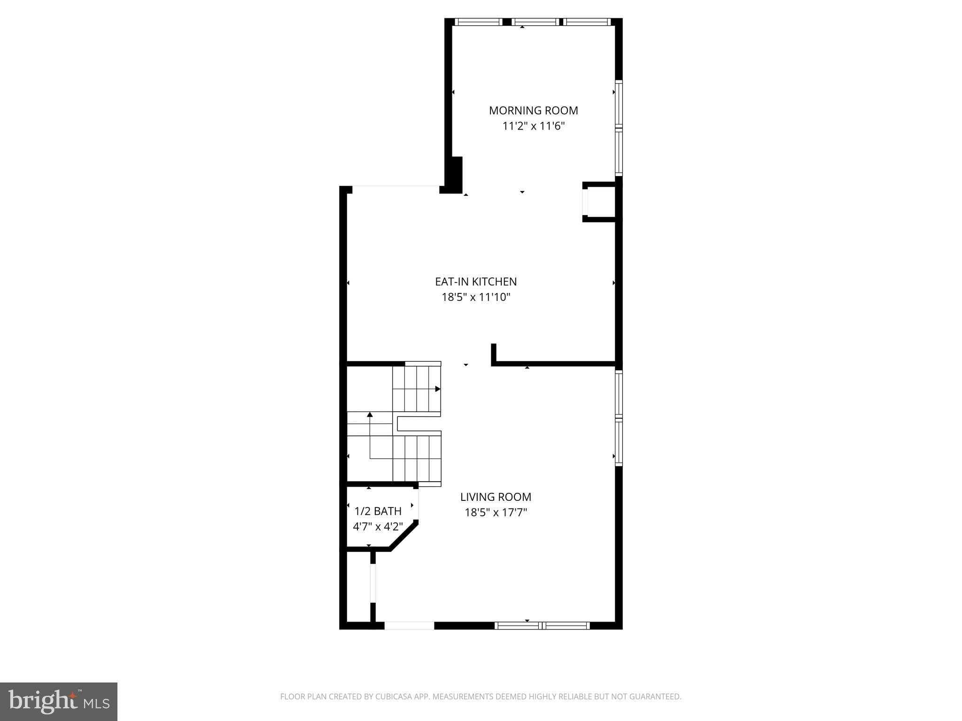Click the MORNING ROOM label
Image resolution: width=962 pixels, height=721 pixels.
click(533, 110)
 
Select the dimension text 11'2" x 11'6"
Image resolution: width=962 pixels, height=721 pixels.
click(533, 126)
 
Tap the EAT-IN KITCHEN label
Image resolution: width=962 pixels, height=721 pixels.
click(475, 282)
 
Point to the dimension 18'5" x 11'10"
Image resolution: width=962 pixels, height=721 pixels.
click(475, 297)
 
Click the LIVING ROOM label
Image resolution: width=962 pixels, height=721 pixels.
click(496, 497)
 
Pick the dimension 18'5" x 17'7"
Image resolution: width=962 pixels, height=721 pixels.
click(496, 512)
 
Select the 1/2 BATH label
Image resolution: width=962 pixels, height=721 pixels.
click(378, 511)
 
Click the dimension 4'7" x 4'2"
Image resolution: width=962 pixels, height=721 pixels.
click(378, 527)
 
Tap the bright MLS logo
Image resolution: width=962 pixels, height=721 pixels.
click(59, 702)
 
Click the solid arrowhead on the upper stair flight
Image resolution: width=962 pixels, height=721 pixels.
click(437, 389)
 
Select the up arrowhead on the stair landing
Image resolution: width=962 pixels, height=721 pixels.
click(370, 414)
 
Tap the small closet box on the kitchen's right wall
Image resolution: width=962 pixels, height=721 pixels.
click(600, 202)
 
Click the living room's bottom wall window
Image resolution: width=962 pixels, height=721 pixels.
click(543, 625)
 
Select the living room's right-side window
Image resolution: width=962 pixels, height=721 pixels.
click(619, 418)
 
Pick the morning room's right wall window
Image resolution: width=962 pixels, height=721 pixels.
click(619, 128)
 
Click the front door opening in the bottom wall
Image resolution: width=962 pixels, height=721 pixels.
click(409, 625)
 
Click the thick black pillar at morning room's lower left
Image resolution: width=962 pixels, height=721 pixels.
click(453, 175)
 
